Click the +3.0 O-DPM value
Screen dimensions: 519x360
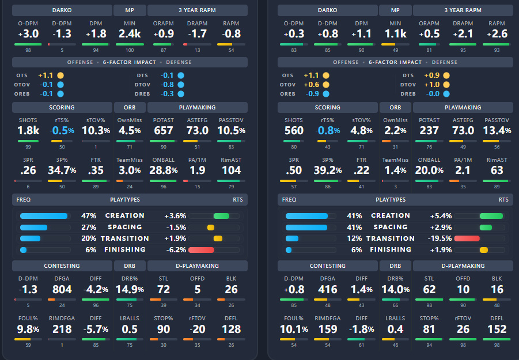[28, 34]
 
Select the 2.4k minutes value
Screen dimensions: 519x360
[130, 34]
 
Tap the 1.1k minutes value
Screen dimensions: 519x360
[395, 34]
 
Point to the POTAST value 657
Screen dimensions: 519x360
[164, 130]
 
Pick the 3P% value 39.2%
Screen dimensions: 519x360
[328, 170]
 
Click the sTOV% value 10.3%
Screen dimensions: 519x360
[96, 130]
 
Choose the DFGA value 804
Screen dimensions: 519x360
[62, 290]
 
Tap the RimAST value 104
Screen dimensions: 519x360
[231, 170]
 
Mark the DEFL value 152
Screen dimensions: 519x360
[497, 329]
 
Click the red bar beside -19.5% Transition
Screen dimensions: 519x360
[467, 238]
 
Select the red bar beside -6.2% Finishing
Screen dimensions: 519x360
[201, 250]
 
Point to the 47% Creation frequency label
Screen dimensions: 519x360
[89, 216]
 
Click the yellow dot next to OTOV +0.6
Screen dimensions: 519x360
[326, 85]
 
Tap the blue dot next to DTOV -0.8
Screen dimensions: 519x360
[181, 85]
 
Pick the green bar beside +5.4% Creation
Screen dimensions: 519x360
[491, 216]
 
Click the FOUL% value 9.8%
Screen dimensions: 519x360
[28, 329]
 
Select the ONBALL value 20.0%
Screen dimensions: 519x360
[429, 170]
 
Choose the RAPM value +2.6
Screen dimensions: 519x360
[497, 34]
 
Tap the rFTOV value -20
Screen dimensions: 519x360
[197, 329]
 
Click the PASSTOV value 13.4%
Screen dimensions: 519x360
[497, 130]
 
